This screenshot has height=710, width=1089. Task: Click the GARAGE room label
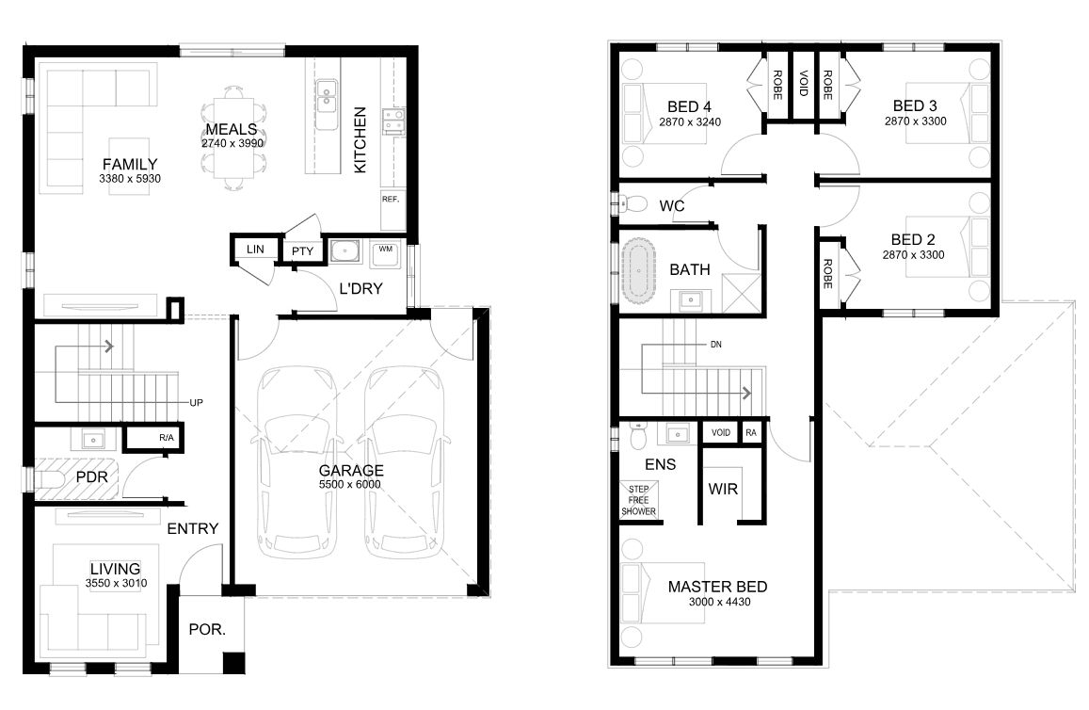tap(351, 470)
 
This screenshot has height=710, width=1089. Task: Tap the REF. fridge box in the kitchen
tap(393, 209)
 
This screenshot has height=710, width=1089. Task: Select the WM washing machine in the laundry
tap(385, 254)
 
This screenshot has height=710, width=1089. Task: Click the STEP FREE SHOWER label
tap(638, 500)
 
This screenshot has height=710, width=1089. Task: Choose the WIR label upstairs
tap(723, 489)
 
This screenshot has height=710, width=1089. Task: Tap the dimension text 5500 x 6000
tap(350, 484)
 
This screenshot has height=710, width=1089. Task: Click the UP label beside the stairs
tap(197, 403)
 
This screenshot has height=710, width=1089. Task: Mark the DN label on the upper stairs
tap(716, 345)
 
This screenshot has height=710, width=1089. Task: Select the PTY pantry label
tap(303, 251)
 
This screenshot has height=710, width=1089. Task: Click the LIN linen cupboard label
tap(255, 249)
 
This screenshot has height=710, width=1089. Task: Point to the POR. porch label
tap(207, 629)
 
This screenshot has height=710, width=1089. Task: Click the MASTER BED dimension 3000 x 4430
tap(719, 602)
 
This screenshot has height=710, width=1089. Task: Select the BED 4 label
tap(689, 107)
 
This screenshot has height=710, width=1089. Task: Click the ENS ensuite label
tap(661, 464)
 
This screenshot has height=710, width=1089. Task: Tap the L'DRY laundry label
tap(360, 288)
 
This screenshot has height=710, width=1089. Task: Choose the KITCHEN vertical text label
tap(360, 139)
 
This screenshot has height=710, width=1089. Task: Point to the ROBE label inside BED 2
tap(827, 274)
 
